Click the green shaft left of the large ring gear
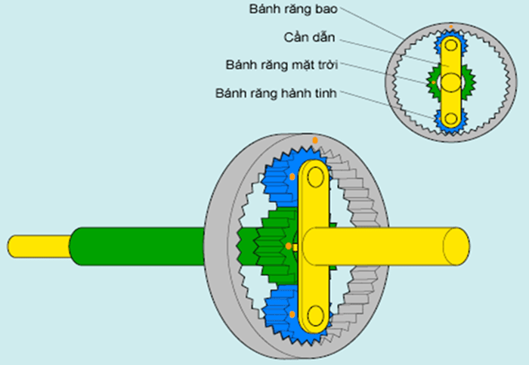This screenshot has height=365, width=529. coord(136,246)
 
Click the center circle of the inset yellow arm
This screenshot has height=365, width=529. coord(451,81)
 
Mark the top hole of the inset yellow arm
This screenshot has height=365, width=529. coord(451,47)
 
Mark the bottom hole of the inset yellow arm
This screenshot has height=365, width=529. coord(451,118)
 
